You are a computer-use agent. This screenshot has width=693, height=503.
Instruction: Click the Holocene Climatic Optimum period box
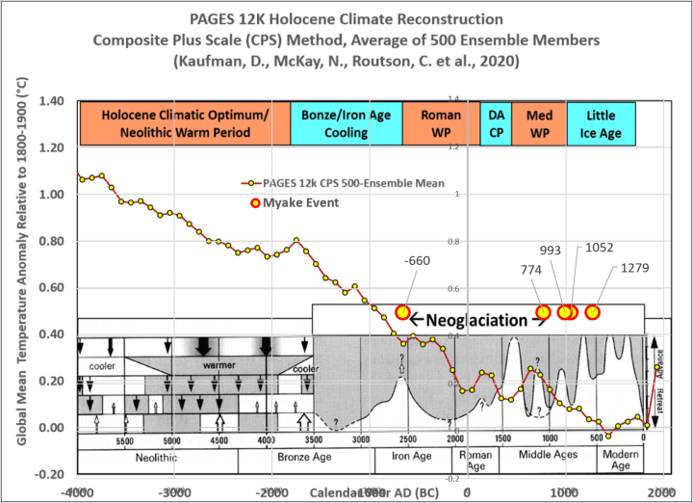(184, 122)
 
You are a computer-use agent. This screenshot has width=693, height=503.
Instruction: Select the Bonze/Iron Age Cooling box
(346, 122)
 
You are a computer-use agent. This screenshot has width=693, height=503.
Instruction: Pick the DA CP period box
(497, 122)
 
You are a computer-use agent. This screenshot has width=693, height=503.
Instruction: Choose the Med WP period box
(539, 122)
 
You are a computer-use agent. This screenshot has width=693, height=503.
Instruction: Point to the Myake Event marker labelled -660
(403, 312)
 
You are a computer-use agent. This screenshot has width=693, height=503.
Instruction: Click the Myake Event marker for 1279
(593, 312)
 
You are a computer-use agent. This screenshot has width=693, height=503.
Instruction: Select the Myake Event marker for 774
(544, 312)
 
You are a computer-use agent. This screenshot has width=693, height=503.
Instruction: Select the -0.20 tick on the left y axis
(45, 475)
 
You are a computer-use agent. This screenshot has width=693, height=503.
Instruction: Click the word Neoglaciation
(478, 319)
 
